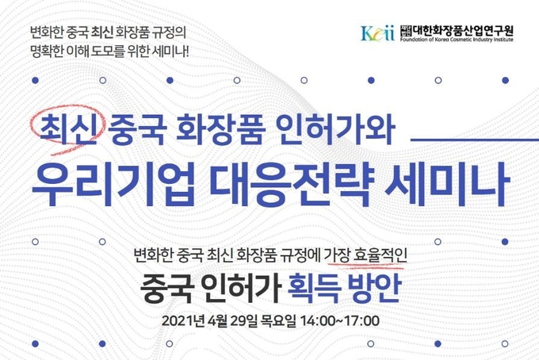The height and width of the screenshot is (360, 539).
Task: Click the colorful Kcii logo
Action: pyautogui.click(x=377, y=33)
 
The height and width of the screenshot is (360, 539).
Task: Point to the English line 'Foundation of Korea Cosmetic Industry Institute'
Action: pyautogui.click(x=456, y=40)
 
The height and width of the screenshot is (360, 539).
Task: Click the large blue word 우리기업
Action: pyautogui.click(x=113, y=185)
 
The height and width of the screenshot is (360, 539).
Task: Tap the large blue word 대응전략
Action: pyautogui.click(x=290, y=185)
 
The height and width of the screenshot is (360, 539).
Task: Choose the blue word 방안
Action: pyautogui.click(x=375, y=288)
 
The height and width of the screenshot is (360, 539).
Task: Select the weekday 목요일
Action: pyautogui.click(x=278, y=321)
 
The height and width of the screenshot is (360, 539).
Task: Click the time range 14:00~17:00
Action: pyautogui.click(x=340, y=321)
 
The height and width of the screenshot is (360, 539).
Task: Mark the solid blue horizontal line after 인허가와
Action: pyautogui.click(x=475, y=140)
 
